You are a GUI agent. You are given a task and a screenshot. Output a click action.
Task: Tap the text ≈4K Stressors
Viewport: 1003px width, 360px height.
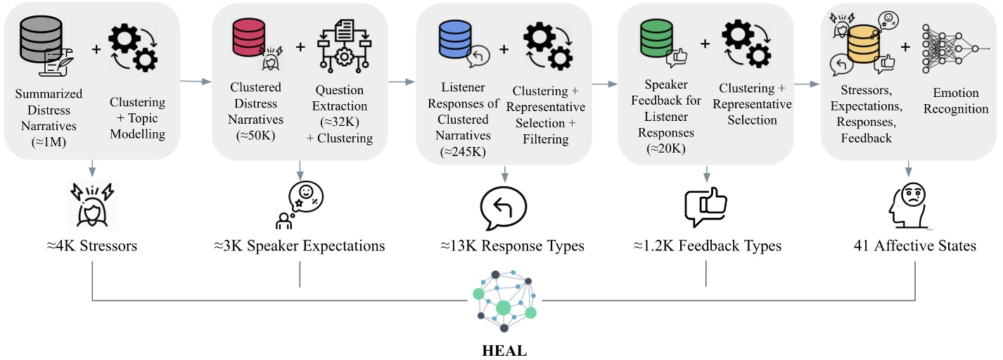click(93, 246)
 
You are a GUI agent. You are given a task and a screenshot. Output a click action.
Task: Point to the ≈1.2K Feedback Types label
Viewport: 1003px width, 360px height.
click(705, 246)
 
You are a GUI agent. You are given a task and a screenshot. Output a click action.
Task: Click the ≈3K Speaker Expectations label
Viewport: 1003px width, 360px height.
click(300, 246)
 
